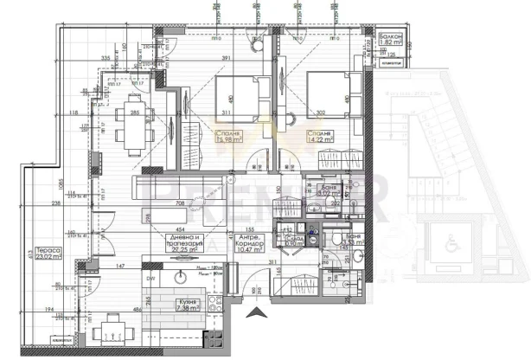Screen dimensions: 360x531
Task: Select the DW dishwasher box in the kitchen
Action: pos(150,279)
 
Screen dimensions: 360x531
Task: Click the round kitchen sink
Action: pos(182,279)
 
